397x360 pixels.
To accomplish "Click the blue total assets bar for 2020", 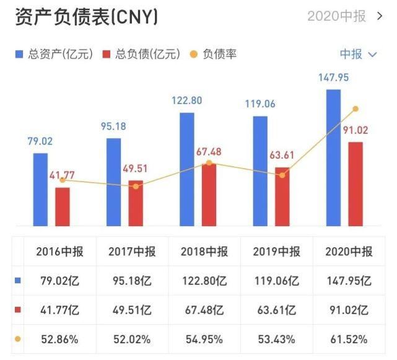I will coord(333,158).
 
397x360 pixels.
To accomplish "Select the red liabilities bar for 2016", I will coord(63,206).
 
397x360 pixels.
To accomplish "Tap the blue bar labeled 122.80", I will coord(187,169).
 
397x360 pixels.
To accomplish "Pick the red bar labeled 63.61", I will coord(282,196).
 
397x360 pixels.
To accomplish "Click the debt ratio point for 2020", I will coord(356,108).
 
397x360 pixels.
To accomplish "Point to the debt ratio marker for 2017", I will coord(136,186).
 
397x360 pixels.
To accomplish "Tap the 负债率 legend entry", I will coord(214,55).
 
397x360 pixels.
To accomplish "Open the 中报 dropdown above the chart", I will coord(358,55).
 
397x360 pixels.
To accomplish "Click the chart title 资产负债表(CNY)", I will coord(86,17).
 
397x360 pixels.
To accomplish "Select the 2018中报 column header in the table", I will coord(204,252).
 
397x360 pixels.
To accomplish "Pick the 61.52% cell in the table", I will coord(349,339).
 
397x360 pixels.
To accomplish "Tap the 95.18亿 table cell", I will coord(132,281).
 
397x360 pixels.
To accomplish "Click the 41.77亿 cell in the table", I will coord(59,310).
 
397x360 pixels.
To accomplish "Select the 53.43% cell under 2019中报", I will coord(276,339).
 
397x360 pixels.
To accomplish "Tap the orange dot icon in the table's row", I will coord(17,339).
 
